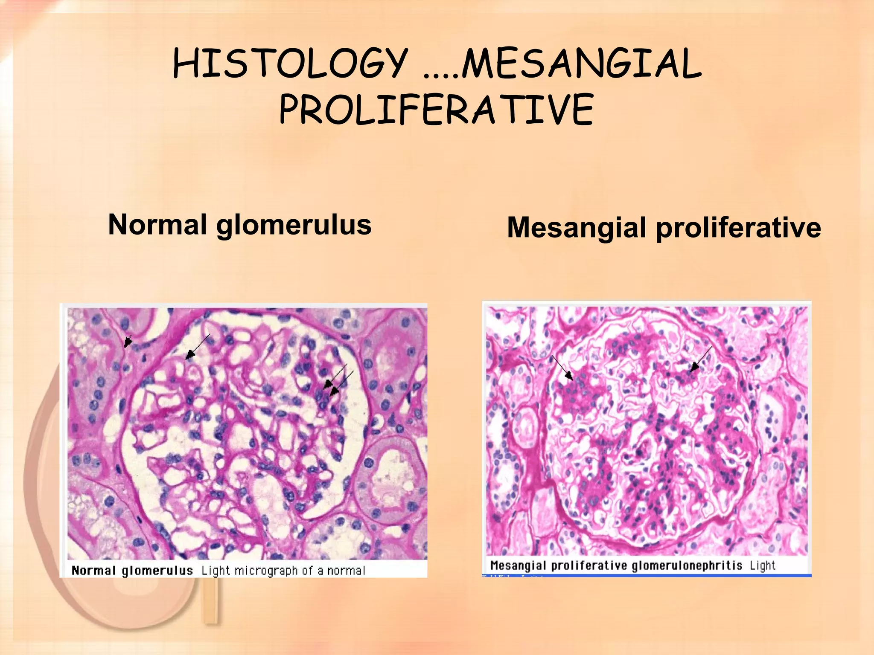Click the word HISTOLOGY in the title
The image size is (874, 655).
290,64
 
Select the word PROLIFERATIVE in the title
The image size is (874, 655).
436,110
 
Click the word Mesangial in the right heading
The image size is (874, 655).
577,228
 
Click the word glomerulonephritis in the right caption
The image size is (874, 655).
687,566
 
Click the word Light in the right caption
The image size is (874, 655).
763,565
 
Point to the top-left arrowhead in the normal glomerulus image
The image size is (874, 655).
127,341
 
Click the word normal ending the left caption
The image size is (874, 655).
346,571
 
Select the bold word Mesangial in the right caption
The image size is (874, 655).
518,565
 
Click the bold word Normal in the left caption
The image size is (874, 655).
93,571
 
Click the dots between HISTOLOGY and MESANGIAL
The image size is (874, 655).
441,76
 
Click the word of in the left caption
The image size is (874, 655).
307,571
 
